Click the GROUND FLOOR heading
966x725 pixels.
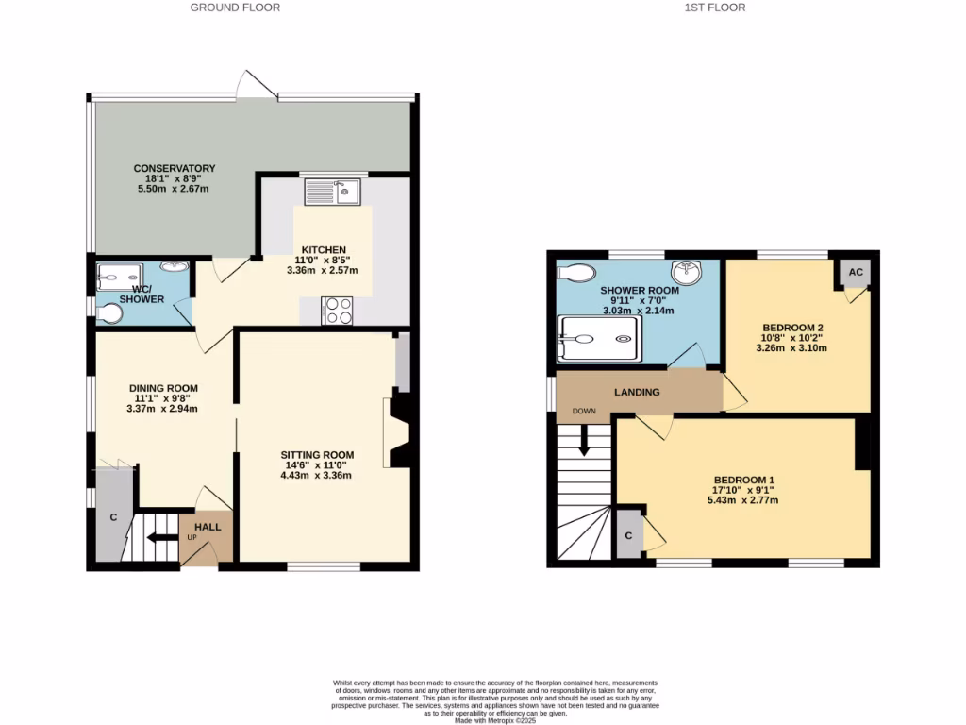tap(235, 8)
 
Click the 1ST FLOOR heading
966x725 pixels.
tap(716, 8)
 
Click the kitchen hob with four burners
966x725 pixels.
tap(338, 311)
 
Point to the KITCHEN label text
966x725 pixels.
tap(324, 250)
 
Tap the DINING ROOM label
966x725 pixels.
tap(163, 388)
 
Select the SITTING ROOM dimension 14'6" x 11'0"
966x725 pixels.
tap(315, 464)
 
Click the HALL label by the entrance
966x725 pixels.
tap(208, 527)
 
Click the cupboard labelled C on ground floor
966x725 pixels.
tap(112, 517)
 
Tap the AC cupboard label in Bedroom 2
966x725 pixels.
tap(856, 272)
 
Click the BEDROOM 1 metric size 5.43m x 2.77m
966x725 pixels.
tap(744, 500)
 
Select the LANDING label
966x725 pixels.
tap(637, 392)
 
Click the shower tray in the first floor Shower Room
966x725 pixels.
tap(600, 339)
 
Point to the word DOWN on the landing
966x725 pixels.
tap(583, 412)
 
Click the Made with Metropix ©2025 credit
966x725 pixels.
tap(495, 720)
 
